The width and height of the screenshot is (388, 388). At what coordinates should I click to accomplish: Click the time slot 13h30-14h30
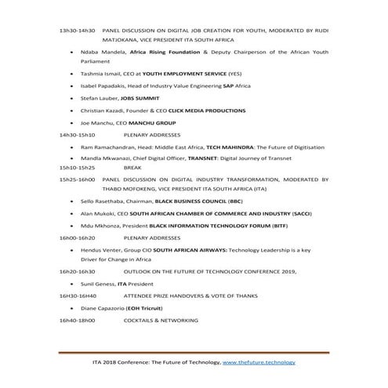[x=78, y=30]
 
